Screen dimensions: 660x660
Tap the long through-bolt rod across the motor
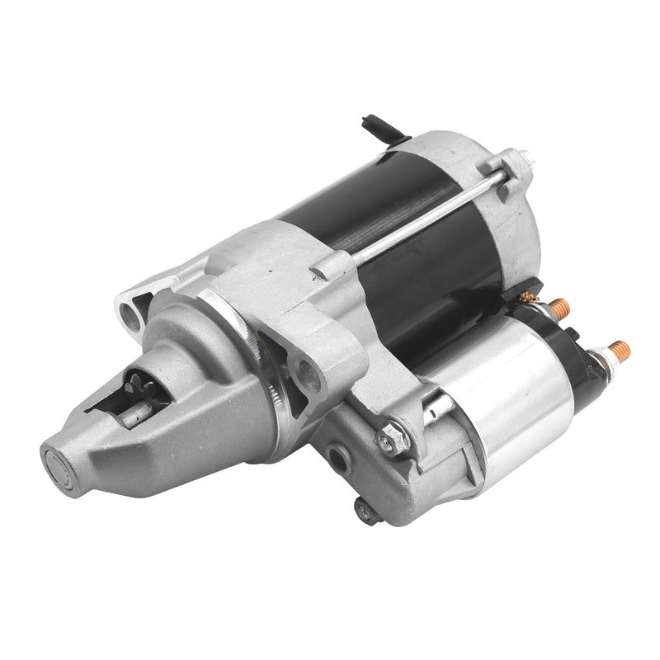pyautogui.click(x=429, y=214)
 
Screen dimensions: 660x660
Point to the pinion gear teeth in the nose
pyautogui.click(x=137, y=383)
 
